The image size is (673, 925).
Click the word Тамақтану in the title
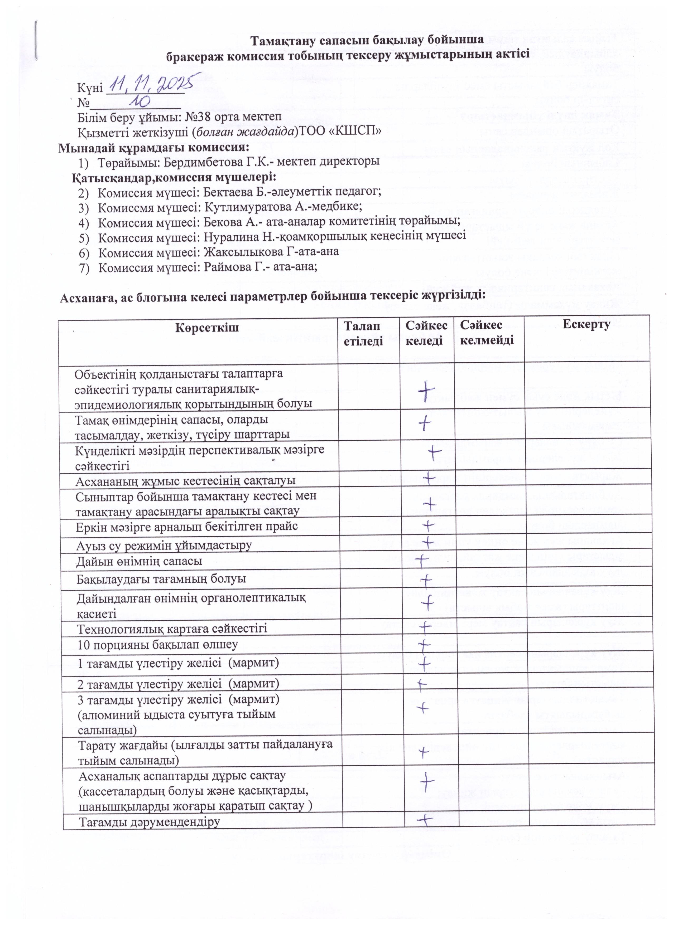(x=283, y=41)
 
